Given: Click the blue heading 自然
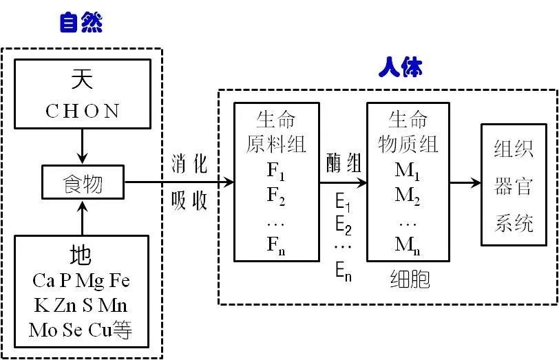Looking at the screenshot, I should [81, 23].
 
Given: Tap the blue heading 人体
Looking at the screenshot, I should [401, 68].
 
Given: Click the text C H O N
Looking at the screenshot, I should [83, 111].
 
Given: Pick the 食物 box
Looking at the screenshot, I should [82, 184].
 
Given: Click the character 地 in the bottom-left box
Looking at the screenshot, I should [81, 256].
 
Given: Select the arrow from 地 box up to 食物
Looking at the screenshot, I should [82, 219].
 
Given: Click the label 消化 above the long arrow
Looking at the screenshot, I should [189, 167].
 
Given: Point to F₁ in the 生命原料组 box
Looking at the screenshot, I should [276, 169].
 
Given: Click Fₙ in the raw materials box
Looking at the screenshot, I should [276, 244].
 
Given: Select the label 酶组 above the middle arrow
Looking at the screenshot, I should [344, 164].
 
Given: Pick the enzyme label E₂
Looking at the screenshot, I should [344, 227].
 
